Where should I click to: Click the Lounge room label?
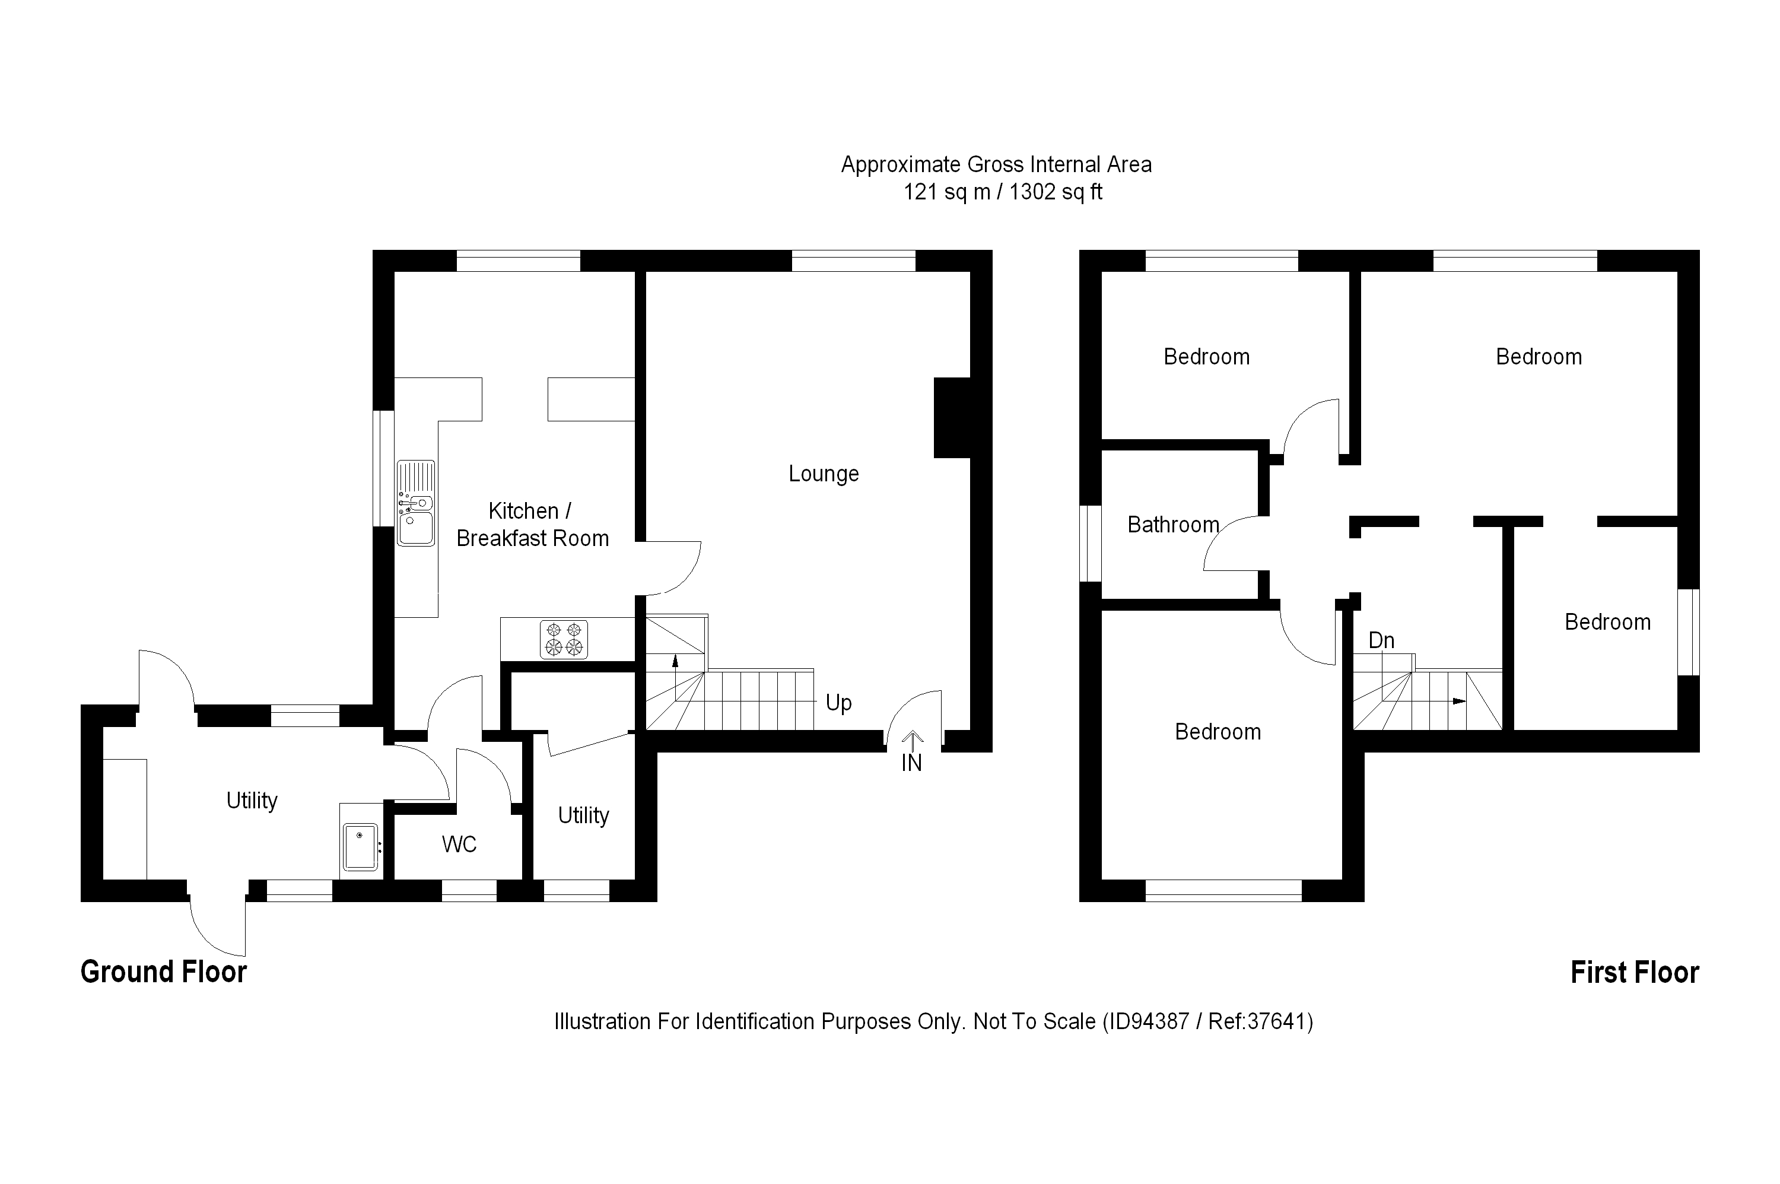pyautogui.click(x=823, y=474)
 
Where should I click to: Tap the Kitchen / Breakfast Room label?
pyautogui.click(x=532, y=525)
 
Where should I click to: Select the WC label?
pyautogui.click(x=459, y=844)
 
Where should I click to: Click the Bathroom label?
pyautogui.click(x=1173, y=525)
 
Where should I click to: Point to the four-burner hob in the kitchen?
pyautogui.click(x=564, y=639)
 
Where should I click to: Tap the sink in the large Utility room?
pyautogui.click(x=360, y=846)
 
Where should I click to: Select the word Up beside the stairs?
pyautogui.click(x=838, y=703)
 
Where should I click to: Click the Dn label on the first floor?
pyautogui.click(x=1381, y=640)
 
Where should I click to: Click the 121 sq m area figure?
pyautogui.click(x=946, y=192)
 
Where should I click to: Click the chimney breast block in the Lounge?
pyautogui.click(x=951, y=418)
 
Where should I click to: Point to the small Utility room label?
pyautogui.click(x=583, y=815)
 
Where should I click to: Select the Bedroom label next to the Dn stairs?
pyautogui.click(x=1607, y=622)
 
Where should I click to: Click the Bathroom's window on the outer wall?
pyautogui.click(x=1090, y=544)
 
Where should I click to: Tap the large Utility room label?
pyautogui.click(x=252, y=801)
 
